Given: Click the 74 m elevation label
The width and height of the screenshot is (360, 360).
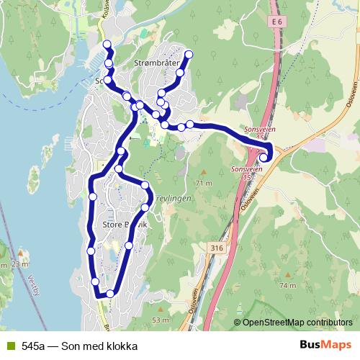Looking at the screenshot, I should [x=288, y=286].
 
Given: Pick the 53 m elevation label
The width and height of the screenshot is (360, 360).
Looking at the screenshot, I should [x=159, y=319].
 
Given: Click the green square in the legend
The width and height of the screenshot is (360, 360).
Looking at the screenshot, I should [x=9, y=346].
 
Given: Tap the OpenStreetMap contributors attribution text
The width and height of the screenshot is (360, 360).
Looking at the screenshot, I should [x=297, y=323].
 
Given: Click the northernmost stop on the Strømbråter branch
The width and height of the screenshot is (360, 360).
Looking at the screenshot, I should [x=189, y=55].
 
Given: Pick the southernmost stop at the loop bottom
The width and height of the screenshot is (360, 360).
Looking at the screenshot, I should [x=110, y=293].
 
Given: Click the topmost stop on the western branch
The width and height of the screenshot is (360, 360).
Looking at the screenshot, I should [x=107, y=45].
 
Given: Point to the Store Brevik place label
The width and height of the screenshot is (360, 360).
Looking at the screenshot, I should [x=125, y=225].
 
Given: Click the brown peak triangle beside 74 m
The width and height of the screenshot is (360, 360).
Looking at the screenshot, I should [x=288, y=275].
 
